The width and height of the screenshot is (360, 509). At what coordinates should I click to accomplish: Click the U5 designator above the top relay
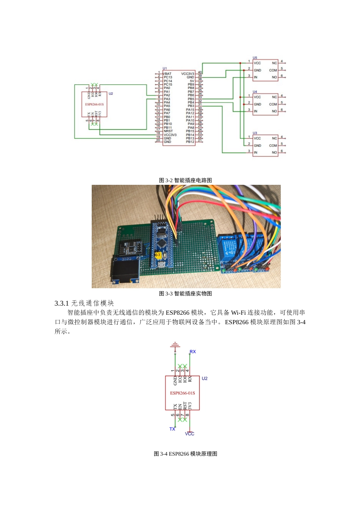point(255,58)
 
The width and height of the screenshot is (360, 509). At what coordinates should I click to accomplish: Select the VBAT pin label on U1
point(167,74)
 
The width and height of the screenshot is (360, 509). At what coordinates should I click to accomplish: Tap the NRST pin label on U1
point(168,131)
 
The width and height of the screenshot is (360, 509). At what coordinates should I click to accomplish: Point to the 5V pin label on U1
point(192,81)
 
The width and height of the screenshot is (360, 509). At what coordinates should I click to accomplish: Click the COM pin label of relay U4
point(273,104)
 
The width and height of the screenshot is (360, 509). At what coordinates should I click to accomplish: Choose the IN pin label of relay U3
point(255,153)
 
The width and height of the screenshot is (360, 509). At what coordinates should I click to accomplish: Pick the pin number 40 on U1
point(200,72)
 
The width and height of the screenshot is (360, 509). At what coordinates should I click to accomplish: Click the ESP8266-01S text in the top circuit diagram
point(94,105)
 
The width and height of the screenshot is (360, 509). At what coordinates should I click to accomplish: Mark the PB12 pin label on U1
point(190,142)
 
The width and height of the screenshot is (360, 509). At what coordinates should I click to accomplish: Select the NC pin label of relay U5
point(274,63)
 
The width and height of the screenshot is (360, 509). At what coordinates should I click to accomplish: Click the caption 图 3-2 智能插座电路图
point(185,180)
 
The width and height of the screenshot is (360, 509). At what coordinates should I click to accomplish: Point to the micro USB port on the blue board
point(160,264)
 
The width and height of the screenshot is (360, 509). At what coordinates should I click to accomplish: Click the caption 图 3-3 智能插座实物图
point(185,294)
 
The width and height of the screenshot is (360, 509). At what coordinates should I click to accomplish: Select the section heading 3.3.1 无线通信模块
point(84,303)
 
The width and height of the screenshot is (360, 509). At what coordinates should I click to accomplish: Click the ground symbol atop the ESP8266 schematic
point(175,345)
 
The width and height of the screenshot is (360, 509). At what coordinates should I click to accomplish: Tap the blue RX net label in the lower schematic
point(193,352)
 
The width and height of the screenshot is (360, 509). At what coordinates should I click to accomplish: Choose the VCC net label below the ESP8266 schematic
point(189,434)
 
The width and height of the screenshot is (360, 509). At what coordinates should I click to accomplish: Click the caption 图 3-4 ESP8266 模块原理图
point(185,454)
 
